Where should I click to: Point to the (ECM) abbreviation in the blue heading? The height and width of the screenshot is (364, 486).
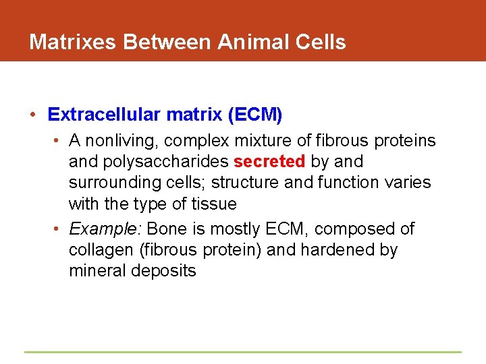[254, 115]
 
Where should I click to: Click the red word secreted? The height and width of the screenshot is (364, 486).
[269, 162]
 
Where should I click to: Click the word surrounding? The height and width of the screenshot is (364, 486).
[111, 183]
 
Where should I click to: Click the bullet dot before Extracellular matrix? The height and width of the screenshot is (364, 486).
[33, 115]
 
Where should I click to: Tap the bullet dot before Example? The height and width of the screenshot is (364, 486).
[59, 229]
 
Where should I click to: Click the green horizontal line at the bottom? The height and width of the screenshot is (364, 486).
[243, 352]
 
